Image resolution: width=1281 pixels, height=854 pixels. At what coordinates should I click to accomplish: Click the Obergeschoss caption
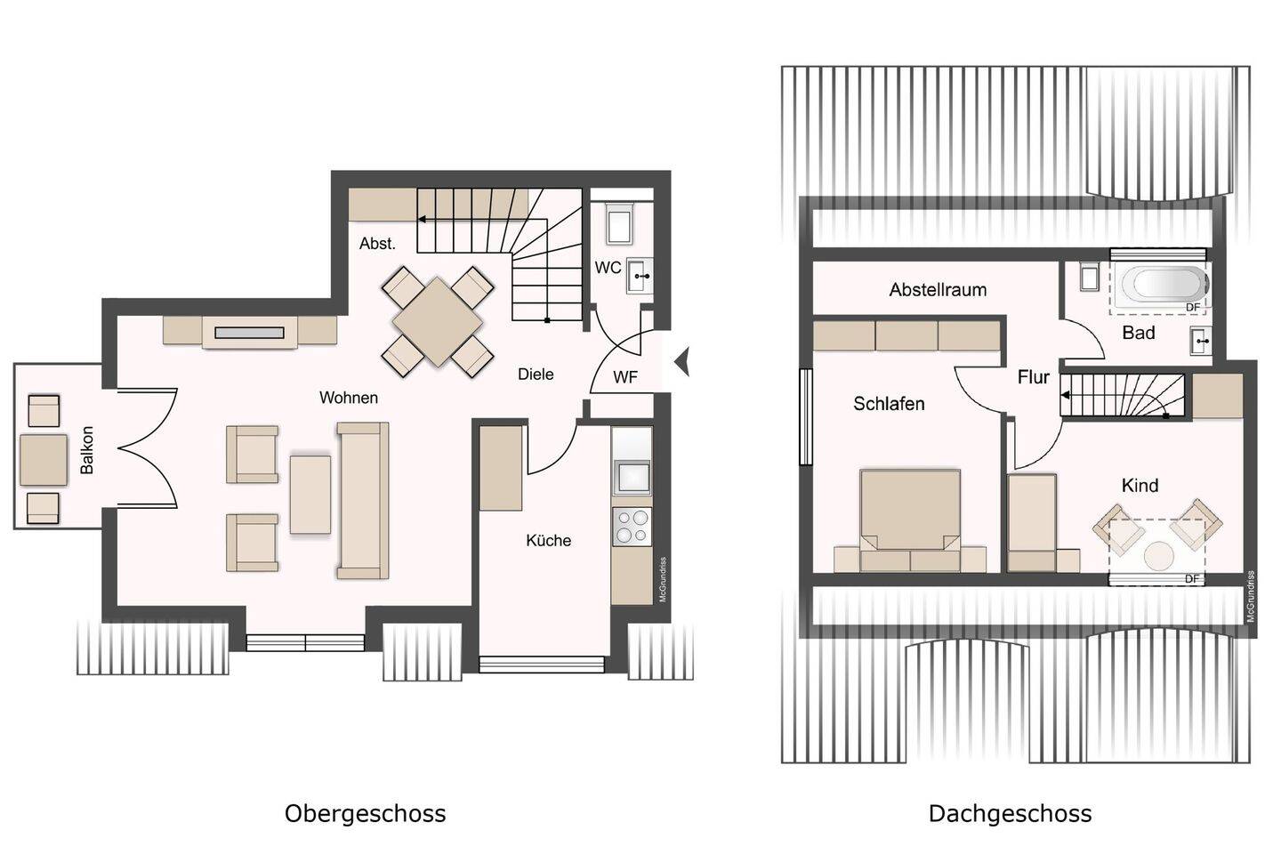tap(365, 813)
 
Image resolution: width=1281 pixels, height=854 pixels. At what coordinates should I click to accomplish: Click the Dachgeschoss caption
tap(1010, 813)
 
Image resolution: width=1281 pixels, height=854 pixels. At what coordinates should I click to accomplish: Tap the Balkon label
tap(87, 450)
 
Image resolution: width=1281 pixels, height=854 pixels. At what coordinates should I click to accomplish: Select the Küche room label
tap(548, 540)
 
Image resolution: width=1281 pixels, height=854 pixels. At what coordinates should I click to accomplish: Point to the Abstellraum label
tap(938, 289)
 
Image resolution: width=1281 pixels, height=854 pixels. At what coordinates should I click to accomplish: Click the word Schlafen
tap(889, 403)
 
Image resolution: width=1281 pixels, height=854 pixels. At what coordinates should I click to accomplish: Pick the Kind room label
tap(1140, 485)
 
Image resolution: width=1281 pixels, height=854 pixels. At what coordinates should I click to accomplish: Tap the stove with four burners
tap(632, 527)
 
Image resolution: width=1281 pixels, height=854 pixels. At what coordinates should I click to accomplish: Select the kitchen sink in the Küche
tap(632, 477)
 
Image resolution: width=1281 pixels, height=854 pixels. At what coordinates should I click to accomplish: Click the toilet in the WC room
tap(619, 223)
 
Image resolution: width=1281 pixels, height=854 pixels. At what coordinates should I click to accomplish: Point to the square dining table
tap(438, 321)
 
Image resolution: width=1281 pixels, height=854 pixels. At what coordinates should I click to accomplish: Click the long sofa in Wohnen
tap(363, 500)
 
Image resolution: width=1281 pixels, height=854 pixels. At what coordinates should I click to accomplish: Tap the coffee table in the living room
tap(310, 495)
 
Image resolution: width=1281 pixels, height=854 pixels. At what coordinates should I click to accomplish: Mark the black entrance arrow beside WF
tap(682, 361)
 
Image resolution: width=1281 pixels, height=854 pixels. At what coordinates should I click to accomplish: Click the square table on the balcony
tap(44, 459)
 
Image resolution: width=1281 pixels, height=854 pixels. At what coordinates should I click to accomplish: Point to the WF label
tap(625, 377)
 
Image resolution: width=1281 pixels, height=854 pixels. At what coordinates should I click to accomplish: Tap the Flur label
tap(1034, 377)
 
